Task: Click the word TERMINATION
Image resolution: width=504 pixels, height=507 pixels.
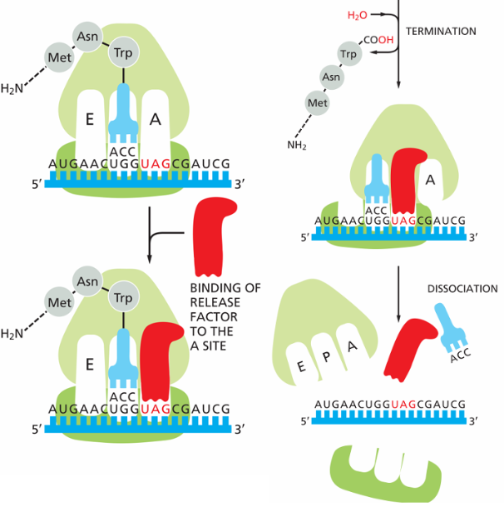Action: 441,32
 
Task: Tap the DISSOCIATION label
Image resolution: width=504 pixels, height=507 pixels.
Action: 462,289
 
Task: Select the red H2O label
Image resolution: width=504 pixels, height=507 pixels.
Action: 358,15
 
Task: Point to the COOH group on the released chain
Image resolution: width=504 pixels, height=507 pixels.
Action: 378,40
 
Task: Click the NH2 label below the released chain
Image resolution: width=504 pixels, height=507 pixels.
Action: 297,145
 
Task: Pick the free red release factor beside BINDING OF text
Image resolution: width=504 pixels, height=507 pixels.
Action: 214,237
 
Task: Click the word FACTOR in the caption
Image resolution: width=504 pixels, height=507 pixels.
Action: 214,316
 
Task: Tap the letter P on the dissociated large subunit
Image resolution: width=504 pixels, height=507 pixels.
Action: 327,356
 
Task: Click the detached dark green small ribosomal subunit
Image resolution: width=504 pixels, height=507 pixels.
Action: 385,475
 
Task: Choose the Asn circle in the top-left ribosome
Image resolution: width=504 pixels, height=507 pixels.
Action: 87,37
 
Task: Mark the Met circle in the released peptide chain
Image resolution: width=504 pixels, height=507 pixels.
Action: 317,103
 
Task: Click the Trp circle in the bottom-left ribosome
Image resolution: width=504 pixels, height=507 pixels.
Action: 123,297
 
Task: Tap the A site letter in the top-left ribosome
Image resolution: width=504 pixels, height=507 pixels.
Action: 156,120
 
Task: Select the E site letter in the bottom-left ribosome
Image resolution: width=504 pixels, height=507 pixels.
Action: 90,365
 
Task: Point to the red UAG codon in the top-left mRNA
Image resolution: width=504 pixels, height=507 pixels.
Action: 156,164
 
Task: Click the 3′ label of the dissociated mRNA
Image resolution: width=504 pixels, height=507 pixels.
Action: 473,421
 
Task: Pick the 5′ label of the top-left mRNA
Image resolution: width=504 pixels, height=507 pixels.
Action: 37,184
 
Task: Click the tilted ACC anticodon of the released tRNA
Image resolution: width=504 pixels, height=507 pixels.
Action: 461,355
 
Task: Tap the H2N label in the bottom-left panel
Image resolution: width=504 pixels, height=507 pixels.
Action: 12,333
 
